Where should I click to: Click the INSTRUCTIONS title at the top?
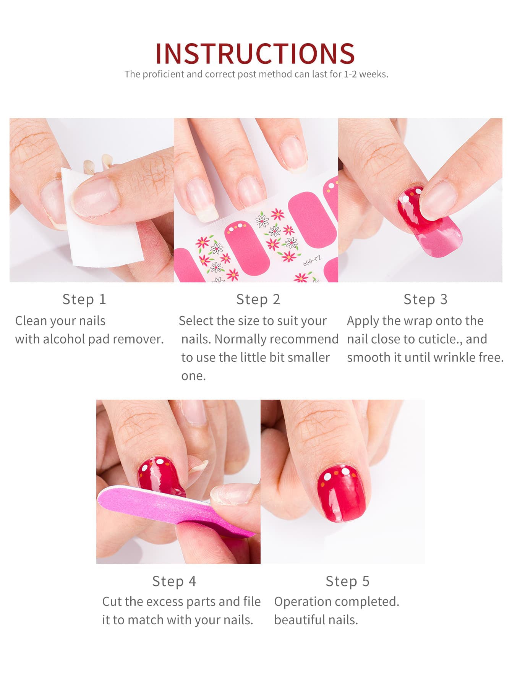pos(255,53)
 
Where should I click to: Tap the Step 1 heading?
pos(84,299)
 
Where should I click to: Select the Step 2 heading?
pos(258,299)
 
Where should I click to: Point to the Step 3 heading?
pos(425,299)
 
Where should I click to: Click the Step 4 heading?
pos(174,581)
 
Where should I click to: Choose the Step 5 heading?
pos(347,581)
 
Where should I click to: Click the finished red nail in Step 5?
pos(341,493)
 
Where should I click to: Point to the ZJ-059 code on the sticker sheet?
pos(312,261)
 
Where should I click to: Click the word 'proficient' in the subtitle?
pos(163,74)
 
